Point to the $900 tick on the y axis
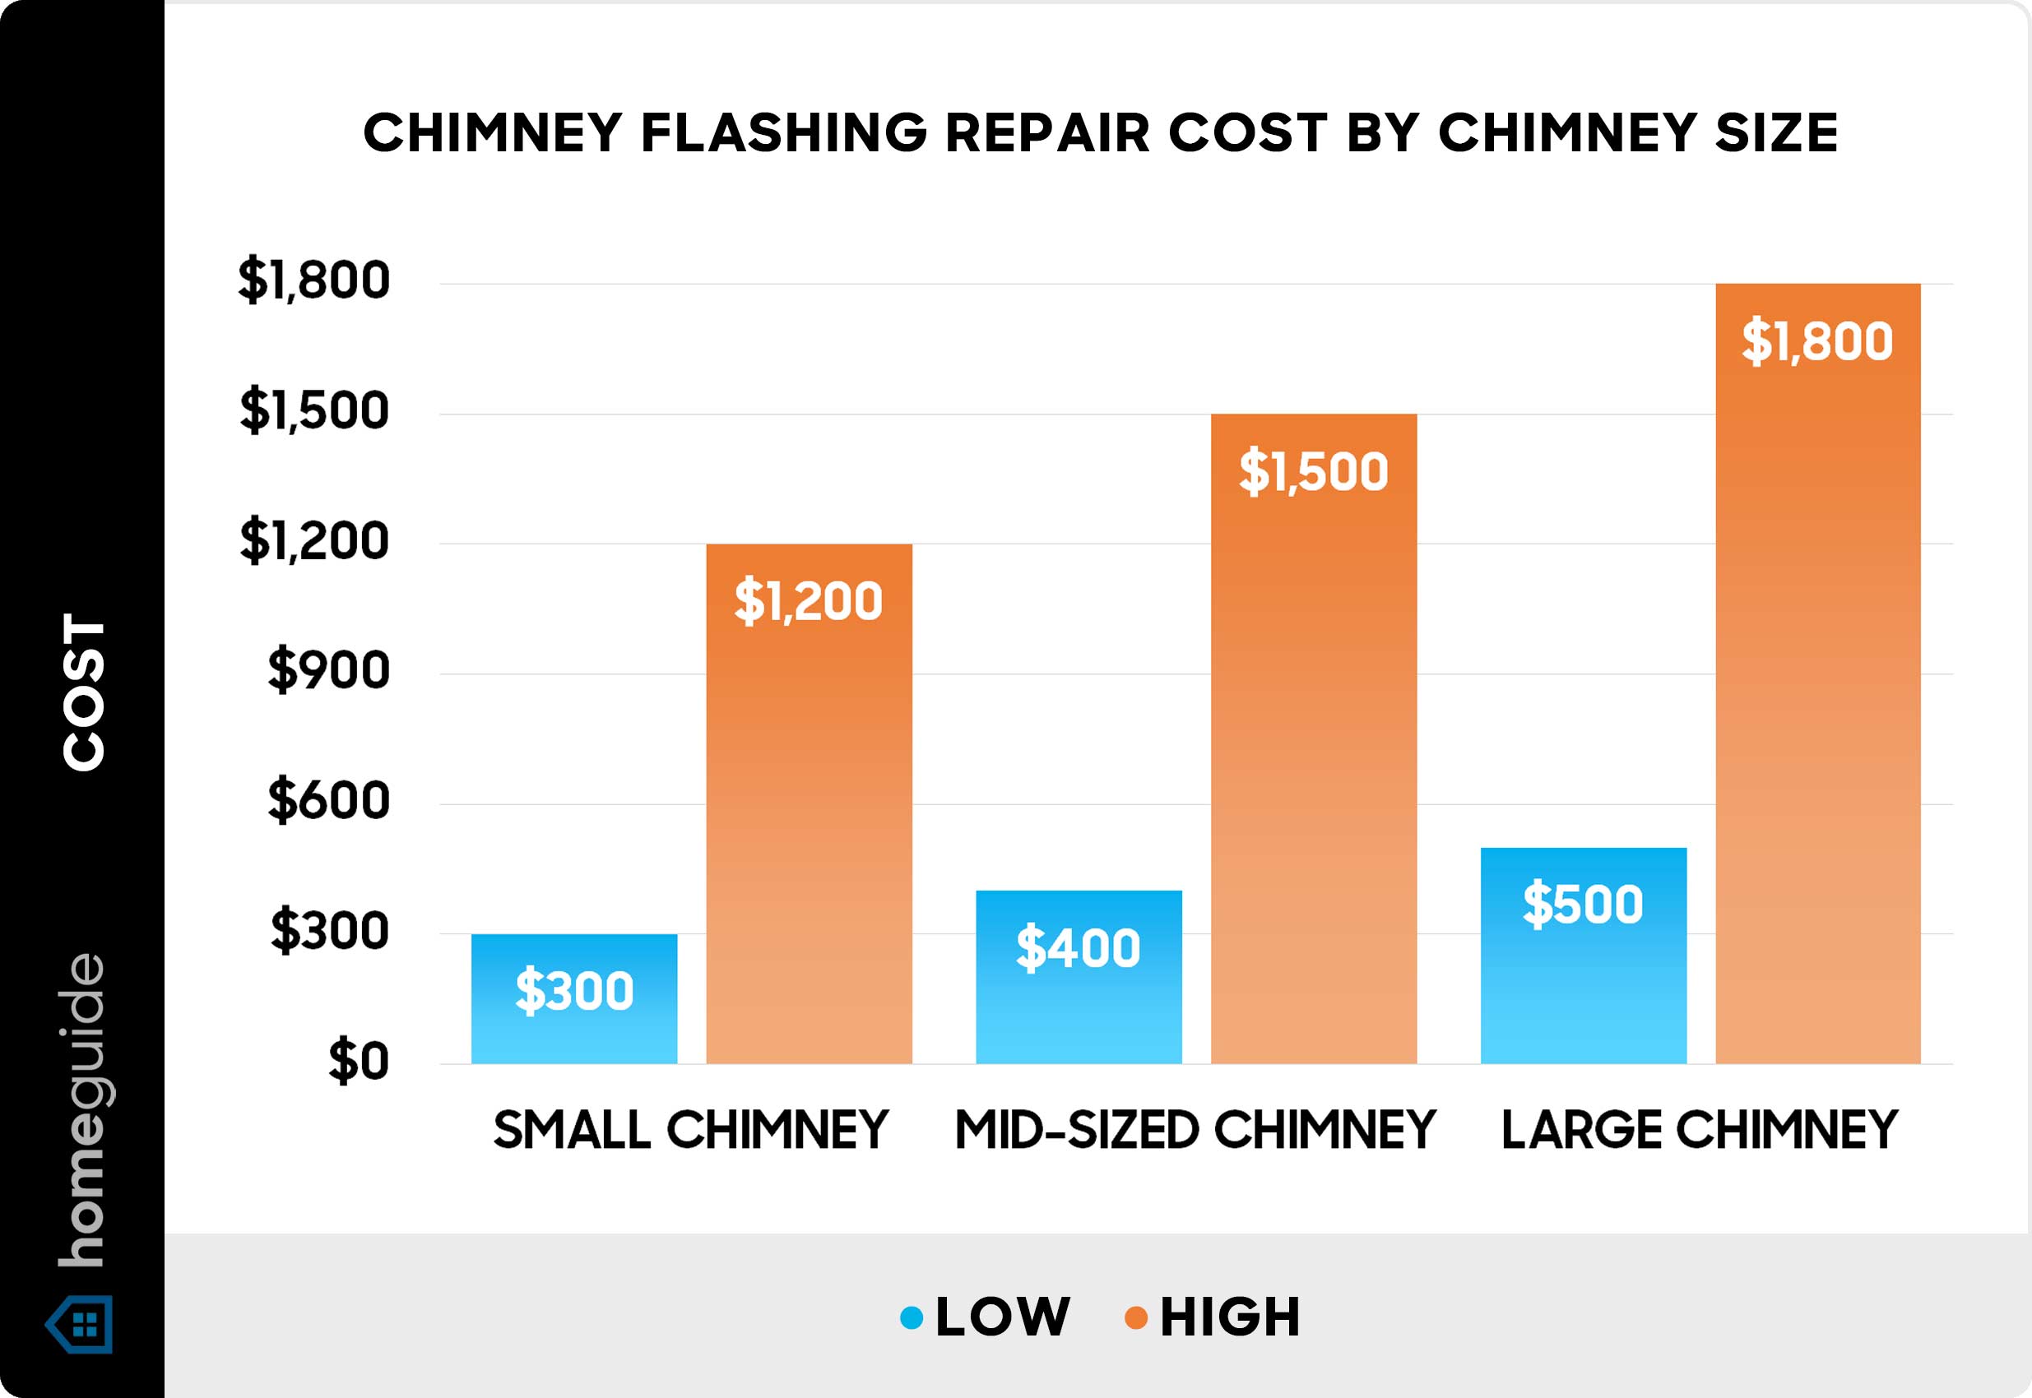[x=328, y=671]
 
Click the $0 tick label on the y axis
[x=359, y=1062]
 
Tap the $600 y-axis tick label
[x=328, y=801]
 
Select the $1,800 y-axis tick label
[x=313, y=280]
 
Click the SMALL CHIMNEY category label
[x=690, y=1130]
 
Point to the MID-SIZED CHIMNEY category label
[x=1195, y=1130]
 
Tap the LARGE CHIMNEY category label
[x=1700, y=1130]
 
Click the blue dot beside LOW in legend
[x=912, y=1317]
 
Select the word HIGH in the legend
[x=1230, y=1317]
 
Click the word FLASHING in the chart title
[x=783, y=133]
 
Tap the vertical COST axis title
[x=84, y=692]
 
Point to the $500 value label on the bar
[x=1583, y=904]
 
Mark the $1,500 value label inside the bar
[x=1314, y=471]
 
